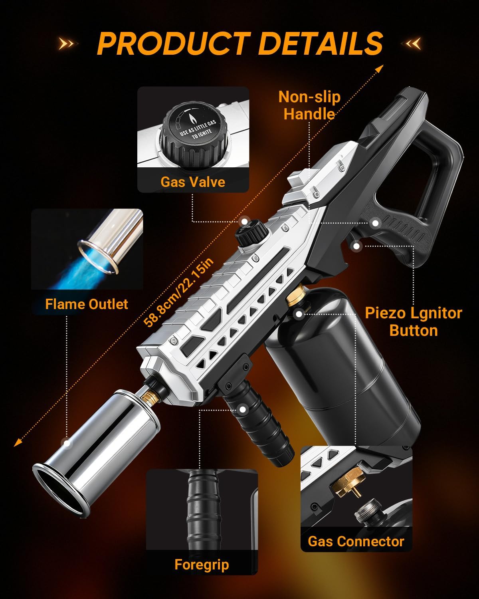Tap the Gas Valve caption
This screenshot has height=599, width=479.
193,182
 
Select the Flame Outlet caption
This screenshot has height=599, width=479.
87,304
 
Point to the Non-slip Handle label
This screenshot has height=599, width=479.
309,105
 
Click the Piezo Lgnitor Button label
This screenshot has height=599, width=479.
414,321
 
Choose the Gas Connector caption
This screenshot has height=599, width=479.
356,541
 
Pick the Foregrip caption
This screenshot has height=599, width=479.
202,565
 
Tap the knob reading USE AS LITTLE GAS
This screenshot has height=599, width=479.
193,132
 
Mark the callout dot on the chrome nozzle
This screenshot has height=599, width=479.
67,443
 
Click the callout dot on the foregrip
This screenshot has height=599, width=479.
243,409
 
